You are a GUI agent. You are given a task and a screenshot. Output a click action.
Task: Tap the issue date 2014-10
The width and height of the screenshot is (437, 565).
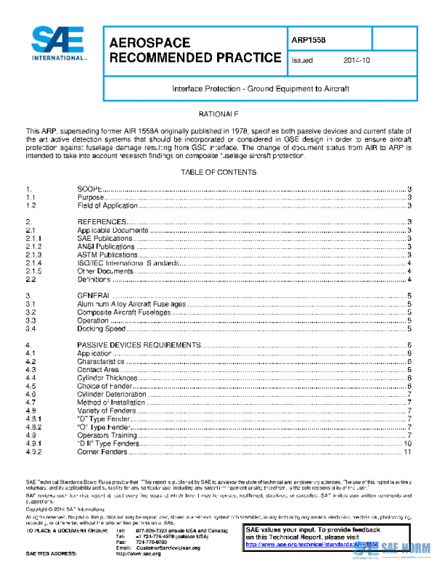click(356, 61)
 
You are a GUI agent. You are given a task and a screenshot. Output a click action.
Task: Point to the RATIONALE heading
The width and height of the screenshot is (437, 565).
click(219, 115)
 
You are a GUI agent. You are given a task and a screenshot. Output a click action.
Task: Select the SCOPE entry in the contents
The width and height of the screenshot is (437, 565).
click(91, 189)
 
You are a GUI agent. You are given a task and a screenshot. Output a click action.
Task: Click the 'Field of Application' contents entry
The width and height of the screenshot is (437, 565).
click(107, 205)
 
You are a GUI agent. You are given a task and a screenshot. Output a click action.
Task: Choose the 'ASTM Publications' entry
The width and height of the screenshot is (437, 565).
click(106, 254)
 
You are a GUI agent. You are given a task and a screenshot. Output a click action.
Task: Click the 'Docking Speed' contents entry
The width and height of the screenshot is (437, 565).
click(101, 328)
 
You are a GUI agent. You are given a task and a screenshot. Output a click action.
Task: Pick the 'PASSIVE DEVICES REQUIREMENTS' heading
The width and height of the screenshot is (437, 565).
click(136, 345)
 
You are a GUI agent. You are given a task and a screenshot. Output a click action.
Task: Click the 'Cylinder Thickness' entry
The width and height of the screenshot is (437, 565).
click(108, 378)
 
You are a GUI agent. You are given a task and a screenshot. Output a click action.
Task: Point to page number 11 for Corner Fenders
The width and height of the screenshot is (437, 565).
click(408, 451)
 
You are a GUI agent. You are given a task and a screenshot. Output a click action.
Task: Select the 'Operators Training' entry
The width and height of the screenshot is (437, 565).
click(108, 435)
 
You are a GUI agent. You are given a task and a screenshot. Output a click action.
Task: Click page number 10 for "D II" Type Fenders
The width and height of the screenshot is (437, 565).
click(408, 443)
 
